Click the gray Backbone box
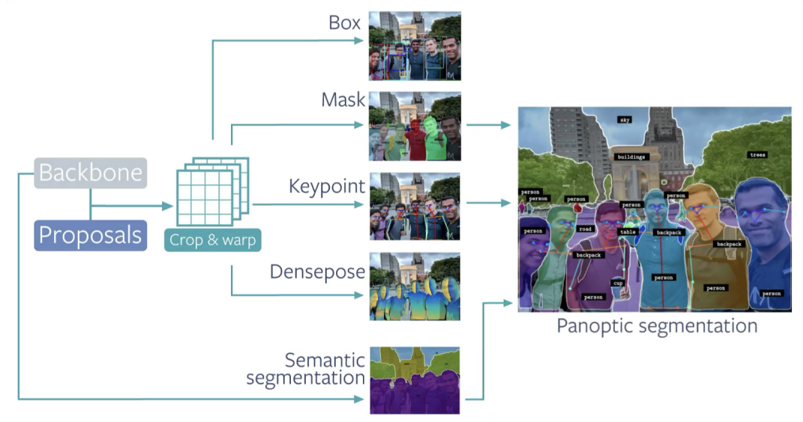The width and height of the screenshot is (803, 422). coord(91,172)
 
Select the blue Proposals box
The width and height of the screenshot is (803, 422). coord(90,235)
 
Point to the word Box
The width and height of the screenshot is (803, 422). coord(345,22)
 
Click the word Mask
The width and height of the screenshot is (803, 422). coord(343,100)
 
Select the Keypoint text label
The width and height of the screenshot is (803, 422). coord(327,186)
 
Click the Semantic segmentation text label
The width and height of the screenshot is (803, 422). coord(306,370)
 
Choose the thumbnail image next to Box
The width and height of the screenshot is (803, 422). coord(415,46)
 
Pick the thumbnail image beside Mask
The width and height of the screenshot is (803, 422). coord(415,127)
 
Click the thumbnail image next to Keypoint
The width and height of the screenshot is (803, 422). coord(415,206)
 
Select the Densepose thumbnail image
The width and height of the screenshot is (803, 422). coord(415,287)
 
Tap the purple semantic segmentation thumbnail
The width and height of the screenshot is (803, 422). coord(415,379)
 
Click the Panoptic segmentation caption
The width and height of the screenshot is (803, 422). coord(656,326)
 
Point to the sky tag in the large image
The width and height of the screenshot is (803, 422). coord(625,119)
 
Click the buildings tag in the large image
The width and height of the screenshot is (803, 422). coord(631,157)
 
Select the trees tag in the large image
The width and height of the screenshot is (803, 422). coord(757,155)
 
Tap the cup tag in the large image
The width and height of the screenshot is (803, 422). coord(618,283)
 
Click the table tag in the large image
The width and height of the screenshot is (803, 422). coord(628,232)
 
